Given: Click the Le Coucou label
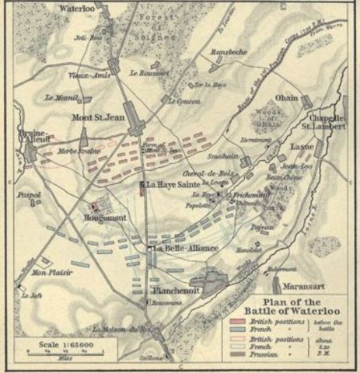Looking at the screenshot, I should click(183, 101).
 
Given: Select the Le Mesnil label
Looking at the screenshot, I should click(59, 98).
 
